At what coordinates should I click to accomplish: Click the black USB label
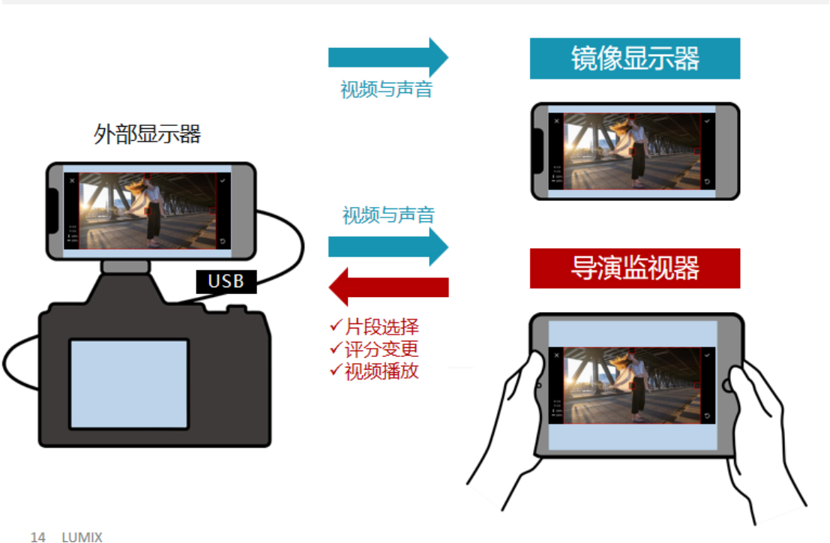226,282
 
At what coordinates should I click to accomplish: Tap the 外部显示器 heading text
147,135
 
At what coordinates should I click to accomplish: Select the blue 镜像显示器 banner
634,58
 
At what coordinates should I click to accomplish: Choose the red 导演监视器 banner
634,268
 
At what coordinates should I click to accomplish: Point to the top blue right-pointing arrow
388,57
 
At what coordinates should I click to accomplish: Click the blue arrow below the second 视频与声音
388,247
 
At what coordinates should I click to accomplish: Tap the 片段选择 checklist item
374,327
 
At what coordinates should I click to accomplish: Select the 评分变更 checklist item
374,349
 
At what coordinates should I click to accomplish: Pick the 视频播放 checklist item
374,370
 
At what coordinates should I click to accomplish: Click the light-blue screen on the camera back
128,383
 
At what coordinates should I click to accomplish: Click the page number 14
37,536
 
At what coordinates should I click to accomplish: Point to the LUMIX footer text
82,536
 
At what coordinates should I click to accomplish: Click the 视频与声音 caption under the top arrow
387,90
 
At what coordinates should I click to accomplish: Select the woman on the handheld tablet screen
637,386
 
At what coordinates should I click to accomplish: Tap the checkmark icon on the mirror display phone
707,120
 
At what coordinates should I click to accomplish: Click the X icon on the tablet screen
556,354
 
